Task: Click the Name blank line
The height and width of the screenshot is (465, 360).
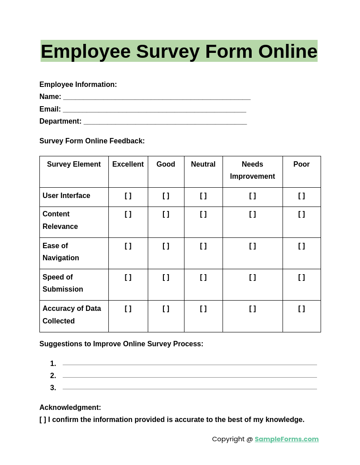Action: click(x=157, y=97)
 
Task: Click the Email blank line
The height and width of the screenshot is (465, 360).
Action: click(x=154, y=110)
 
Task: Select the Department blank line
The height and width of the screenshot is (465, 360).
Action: click(x=165, y=122)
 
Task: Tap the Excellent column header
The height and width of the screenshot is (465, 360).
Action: click(x=128, y=164)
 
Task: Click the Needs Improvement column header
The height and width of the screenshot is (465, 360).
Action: click(x=253, y=170)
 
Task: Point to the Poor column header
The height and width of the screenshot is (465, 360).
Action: click(x=301, y=164)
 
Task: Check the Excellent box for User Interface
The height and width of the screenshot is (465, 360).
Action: click(x=128, y=196)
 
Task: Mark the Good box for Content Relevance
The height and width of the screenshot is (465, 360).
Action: click(x=166, y=214)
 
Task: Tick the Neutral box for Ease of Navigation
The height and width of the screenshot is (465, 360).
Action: click(x=203, y=246)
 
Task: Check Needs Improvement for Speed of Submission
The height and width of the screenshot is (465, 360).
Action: click(x=253, y=277)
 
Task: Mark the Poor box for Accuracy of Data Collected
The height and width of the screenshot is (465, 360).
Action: click(x=301, y=309)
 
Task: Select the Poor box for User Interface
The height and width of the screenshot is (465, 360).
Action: click(x=301, y=196)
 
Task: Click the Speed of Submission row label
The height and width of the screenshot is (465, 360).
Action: click(x=63, y=283)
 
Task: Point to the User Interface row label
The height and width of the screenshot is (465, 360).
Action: click(x=66, y=196)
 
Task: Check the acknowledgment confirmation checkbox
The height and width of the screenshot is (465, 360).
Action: click(x=43, y=420)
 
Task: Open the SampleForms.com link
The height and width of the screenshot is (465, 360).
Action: click(x=287, y=439)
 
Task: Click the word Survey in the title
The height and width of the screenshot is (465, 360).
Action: click(x=167, y=52)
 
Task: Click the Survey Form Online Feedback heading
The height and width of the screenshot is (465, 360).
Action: click(x=92, y=141)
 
